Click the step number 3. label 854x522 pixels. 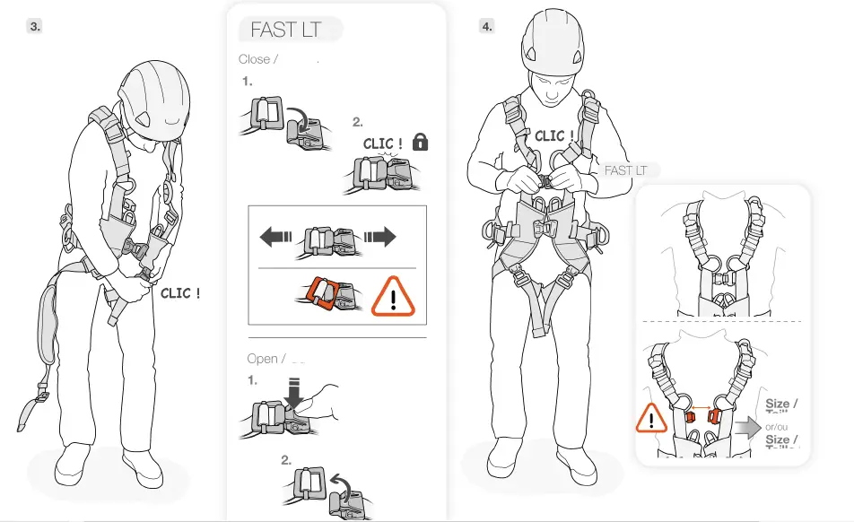tap(35, 26)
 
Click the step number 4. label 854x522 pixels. tap(486, 26)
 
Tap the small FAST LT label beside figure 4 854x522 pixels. tap(625, 170)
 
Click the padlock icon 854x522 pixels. tap(419, 142)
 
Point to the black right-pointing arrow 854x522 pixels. tap(379, 237)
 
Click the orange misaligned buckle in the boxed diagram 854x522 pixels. tap(320, 294)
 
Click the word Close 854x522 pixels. tap(255, 59)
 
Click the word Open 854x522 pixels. tap(262, 359)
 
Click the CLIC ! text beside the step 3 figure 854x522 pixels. tap(180, 293)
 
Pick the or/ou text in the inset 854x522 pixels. tap(776, 426)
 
